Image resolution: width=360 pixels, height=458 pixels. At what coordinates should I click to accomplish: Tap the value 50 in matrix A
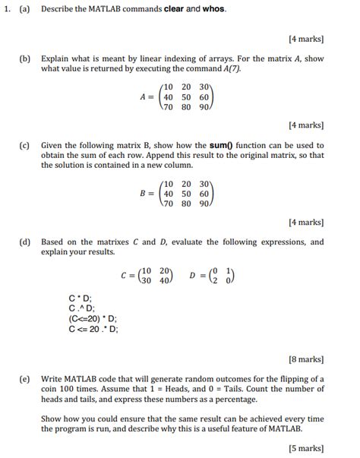(x=185, y=98)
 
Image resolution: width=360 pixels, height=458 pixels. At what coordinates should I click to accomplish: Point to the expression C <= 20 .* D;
(x=93, y=330)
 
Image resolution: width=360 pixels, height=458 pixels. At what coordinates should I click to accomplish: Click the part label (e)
(x=25, y=378)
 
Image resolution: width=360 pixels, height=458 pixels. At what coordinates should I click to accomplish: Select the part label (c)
(x=25, y=145)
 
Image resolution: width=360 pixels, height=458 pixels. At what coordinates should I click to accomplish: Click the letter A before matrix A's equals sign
(x=143, y=98)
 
